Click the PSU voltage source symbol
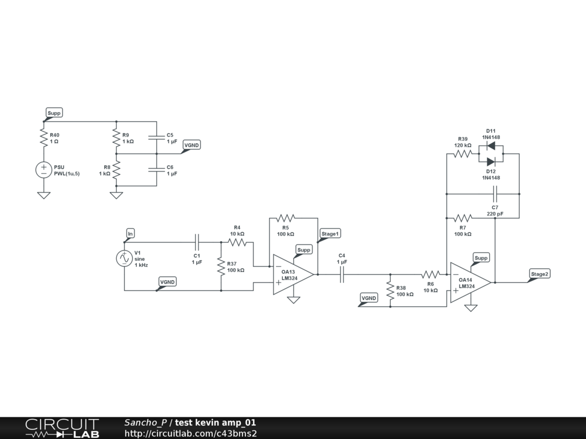[x=43, y=170]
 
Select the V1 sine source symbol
[x=124, y=258]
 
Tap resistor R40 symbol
[x=43, y=137]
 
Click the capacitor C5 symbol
[x=156, y=137]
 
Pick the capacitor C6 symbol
[x=156, y=170]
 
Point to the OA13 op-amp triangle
[x=292, y=274]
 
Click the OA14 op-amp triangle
[x=470, y=282]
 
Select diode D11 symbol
[x=490, y=145]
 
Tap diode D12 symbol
[x=490, y=162]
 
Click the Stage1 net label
[x=330, y=233]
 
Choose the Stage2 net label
[x=540, y=274]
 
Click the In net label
[x=130, y=233]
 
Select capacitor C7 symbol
[x=494, y=194]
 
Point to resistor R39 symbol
[x=462, y=154]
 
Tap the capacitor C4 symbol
[x=342, y=274]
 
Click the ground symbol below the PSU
[x=43, y=195]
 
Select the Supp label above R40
[x=54, y=113]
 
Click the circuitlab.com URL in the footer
[x=191, y=433]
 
